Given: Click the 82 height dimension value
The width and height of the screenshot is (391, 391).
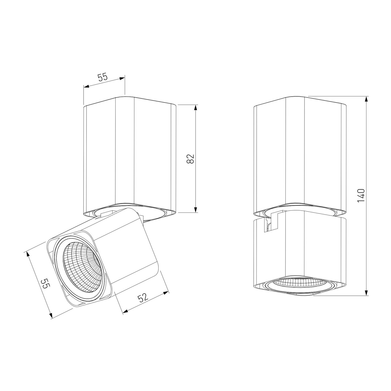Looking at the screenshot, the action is click(191, 159).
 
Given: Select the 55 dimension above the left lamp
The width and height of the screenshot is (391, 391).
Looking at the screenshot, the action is click(102, 77).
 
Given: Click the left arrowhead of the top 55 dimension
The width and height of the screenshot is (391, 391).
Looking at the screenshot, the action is click(87, 87).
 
